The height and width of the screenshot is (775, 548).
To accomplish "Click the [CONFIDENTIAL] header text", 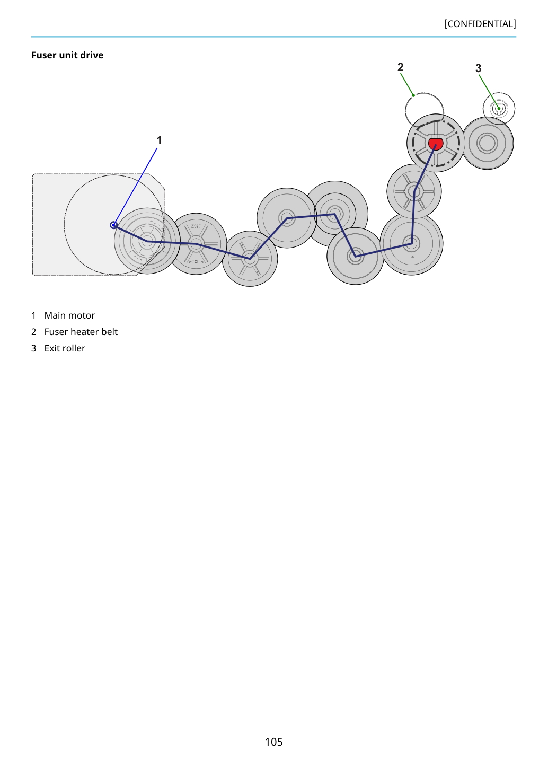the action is click(480, 24).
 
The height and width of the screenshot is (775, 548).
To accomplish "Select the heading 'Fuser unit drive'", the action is click(67, 55).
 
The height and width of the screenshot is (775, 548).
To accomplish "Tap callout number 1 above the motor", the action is click(159, 140).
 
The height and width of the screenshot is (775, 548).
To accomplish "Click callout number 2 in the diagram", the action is click(400, 67).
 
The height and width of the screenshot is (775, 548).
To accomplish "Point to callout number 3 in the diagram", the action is click(479, 68).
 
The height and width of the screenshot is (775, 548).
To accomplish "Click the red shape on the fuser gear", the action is click(436, 144).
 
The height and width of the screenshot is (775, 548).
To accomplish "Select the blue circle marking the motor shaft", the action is click(113, 225).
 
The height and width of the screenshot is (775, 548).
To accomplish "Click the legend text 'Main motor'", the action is click(69, 315).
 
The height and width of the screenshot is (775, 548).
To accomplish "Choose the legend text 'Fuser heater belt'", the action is click(81, 332).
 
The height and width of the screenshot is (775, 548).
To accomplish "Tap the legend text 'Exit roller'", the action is click(65, 348).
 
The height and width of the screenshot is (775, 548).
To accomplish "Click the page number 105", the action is click(273, 742).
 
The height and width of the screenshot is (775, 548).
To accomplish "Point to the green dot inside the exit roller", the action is click(499, 109).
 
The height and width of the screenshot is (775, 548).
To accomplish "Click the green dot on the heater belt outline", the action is click(413, 95).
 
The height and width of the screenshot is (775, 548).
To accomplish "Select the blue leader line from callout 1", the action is click(136, 187).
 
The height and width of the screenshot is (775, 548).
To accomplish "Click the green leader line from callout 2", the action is click(407, 84).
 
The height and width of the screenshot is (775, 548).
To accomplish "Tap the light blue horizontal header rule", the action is click(273, 37).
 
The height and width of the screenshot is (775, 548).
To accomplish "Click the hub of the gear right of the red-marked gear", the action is click(487, 143).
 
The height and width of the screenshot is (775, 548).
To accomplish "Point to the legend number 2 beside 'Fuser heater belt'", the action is click(33, 332).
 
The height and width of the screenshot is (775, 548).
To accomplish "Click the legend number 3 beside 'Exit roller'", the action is click(33, 348).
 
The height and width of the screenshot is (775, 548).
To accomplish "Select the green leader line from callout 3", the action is click(489, 92).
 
